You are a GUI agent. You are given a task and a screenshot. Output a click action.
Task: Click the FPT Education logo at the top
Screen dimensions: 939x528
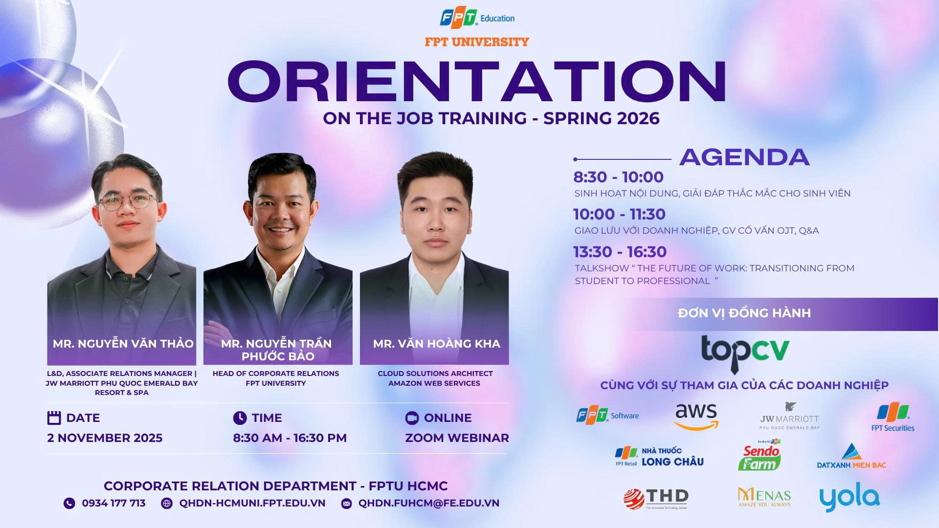tap(477, 18)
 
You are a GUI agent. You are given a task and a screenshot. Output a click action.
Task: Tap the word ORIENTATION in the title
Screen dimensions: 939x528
tap(477, 82)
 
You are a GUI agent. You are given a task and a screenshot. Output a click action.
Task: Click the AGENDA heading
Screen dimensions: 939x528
tap(744, 157)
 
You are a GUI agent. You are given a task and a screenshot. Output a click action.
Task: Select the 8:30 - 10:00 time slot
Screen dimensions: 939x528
tap(618, 177)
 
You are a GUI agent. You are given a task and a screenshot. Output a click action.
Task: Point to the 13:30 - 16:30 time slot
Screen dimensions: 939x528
tap(620, 252)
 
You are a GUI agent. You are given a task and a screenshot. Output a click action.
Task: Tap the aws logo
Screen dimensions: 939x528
tap(696, 416)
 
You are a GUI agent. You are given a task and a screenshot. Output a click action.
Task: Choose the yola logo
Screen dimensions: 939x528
tap(850, 497)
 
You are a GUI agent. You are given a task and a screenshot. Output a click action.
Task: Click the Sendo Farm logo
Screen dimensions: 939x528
tap(760, 455)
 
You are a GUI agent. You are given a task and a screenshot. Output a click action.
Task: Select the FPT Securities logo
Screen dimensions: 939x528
tap(893, 417)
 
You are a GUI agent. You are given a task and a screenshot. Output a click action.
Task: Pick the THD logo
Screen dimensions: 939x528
tap(656, 499)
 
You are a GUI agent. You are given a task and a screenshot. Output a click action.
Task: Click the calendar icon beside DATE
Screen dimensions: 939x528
tap(54, 418)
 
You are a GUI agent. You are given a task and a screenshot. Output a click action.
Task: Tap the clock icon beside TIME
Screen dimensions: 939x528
tap(240, 418)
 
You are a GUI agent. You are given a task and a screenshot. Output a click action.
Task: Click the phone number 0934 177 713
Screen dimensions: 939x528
tap(113, 503)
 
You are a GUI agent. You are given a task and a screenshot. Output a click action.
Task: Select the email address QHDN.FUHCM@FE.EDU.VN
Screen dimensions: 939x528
tap(429, 503)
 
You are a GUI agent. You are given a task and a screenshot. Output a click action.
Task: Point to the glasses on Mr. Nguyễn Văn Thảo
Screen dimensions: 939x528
tap(128, 201)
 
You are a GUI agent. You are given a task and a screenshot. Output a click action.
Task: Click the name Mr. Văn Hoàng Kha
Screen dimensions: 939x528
tap(436, 344)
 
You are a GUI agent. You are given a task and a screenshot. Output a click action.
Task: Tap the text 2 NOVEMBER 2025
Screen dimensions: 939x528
tap(105, 438)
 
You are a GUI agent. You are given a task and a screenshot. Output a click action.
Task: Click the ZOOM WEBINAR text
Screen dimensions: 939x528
tap(457, 438)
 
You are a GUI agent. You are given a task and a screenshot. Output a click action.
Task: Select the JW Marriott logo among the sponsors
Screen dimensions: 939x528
tap(789, 416)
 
